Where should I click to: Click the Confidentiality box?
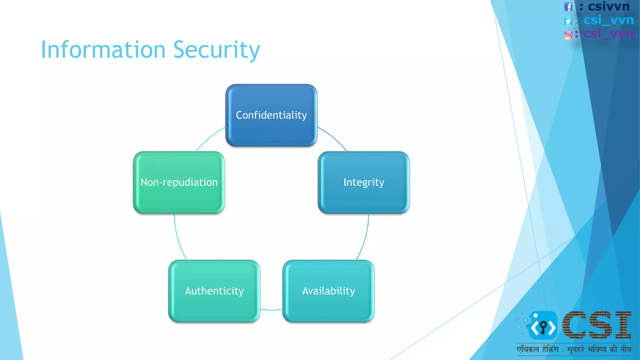271,115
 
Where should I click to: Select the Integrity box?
364,182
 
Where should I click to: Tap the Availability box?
328,291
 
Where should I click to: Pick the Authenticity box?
214,291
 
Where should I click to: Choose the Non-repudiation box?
179,182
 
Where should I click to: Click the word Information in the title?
103,50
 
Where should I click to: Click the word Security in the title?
217,50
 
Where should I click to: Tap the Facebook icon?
568,7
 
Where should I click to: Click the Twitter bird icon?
568,21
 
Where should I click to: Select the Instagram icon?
568,35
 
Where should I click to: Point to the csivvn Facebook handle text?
608,6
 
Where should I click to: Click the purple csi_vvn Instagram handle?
608,33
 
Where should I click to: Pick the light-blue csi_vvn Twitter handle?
608,20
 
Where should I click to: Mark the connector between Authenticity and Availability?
271,310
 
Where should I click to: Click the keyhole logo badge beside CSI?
543,326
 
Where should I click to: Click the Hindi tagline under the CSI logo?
573,349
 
